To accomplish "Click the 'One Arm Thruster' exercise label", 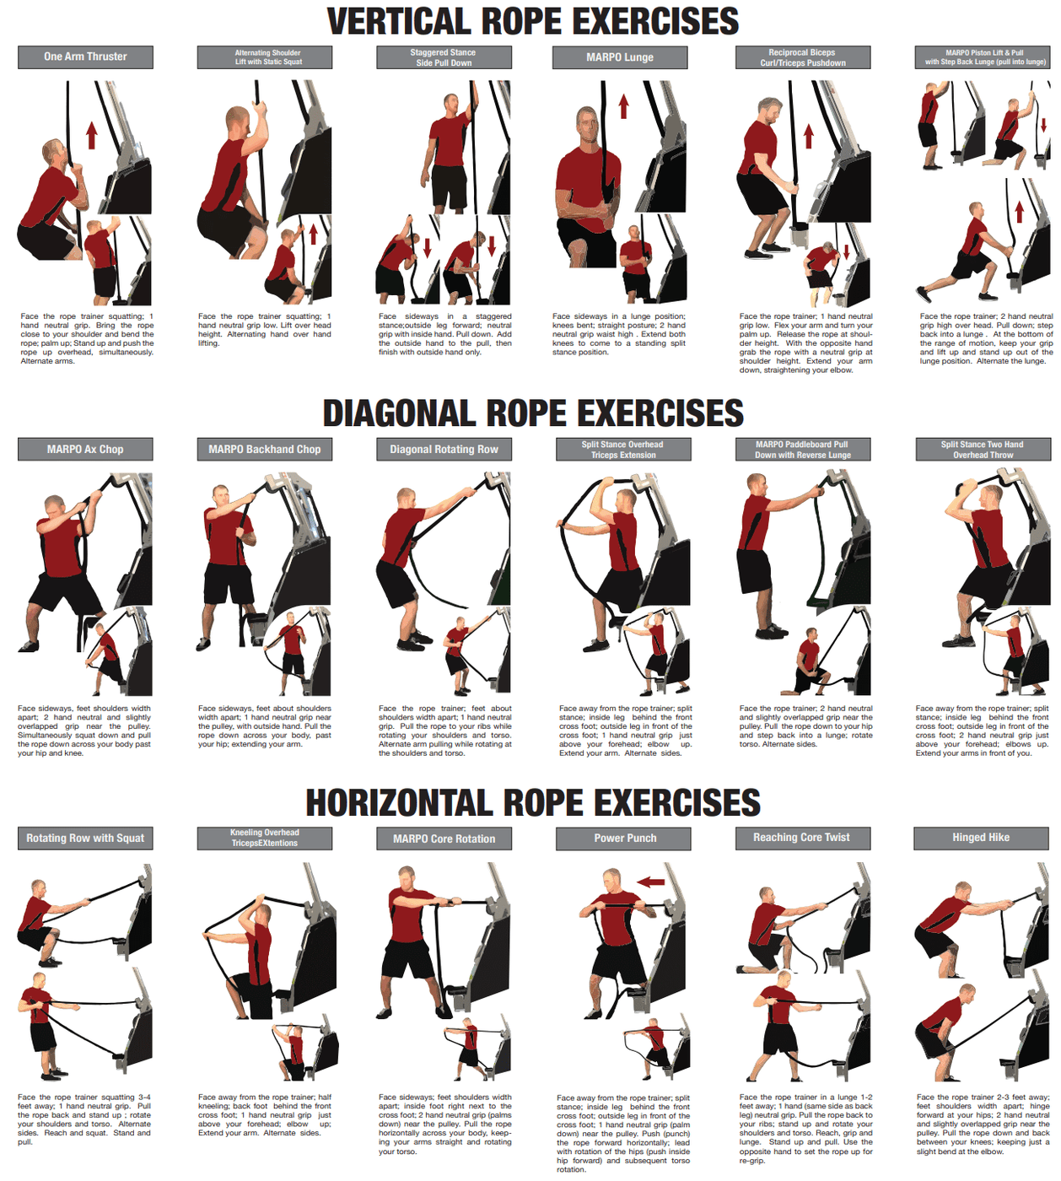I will coord(85,57).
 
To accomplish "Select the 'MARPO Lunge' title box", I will coord(620,57).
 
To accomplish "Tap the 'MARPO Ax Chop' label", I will coord(85,450).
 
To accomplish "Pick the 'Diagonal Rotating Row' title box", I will coord(444,450).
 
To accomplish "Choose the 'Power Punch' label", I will coord(624,839).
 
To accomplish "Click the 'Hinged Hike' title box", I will coord(981,838).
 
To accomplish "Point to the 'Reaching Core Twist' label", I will coord(801,838).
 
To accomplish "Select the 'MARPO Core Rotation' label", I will coord(444,839).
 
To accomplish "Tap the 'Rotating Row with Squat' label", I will coord(85,839).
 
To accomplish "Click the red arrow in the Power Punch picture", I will coord(650,882).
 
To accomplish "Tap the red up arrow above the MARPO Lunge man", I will coord(623,107).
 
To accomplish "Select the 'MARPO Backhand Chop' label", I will coord(265,450).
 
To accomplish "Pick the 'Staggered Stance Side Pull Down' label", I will coord(444,57).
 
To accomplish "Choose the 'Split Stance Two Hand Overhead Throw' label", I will coord(983,450).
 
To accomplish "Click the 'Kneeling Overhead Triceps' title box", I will coord(265,839).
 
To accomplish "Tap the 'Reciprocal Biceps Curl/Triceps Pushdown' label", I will coord(802,57).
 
